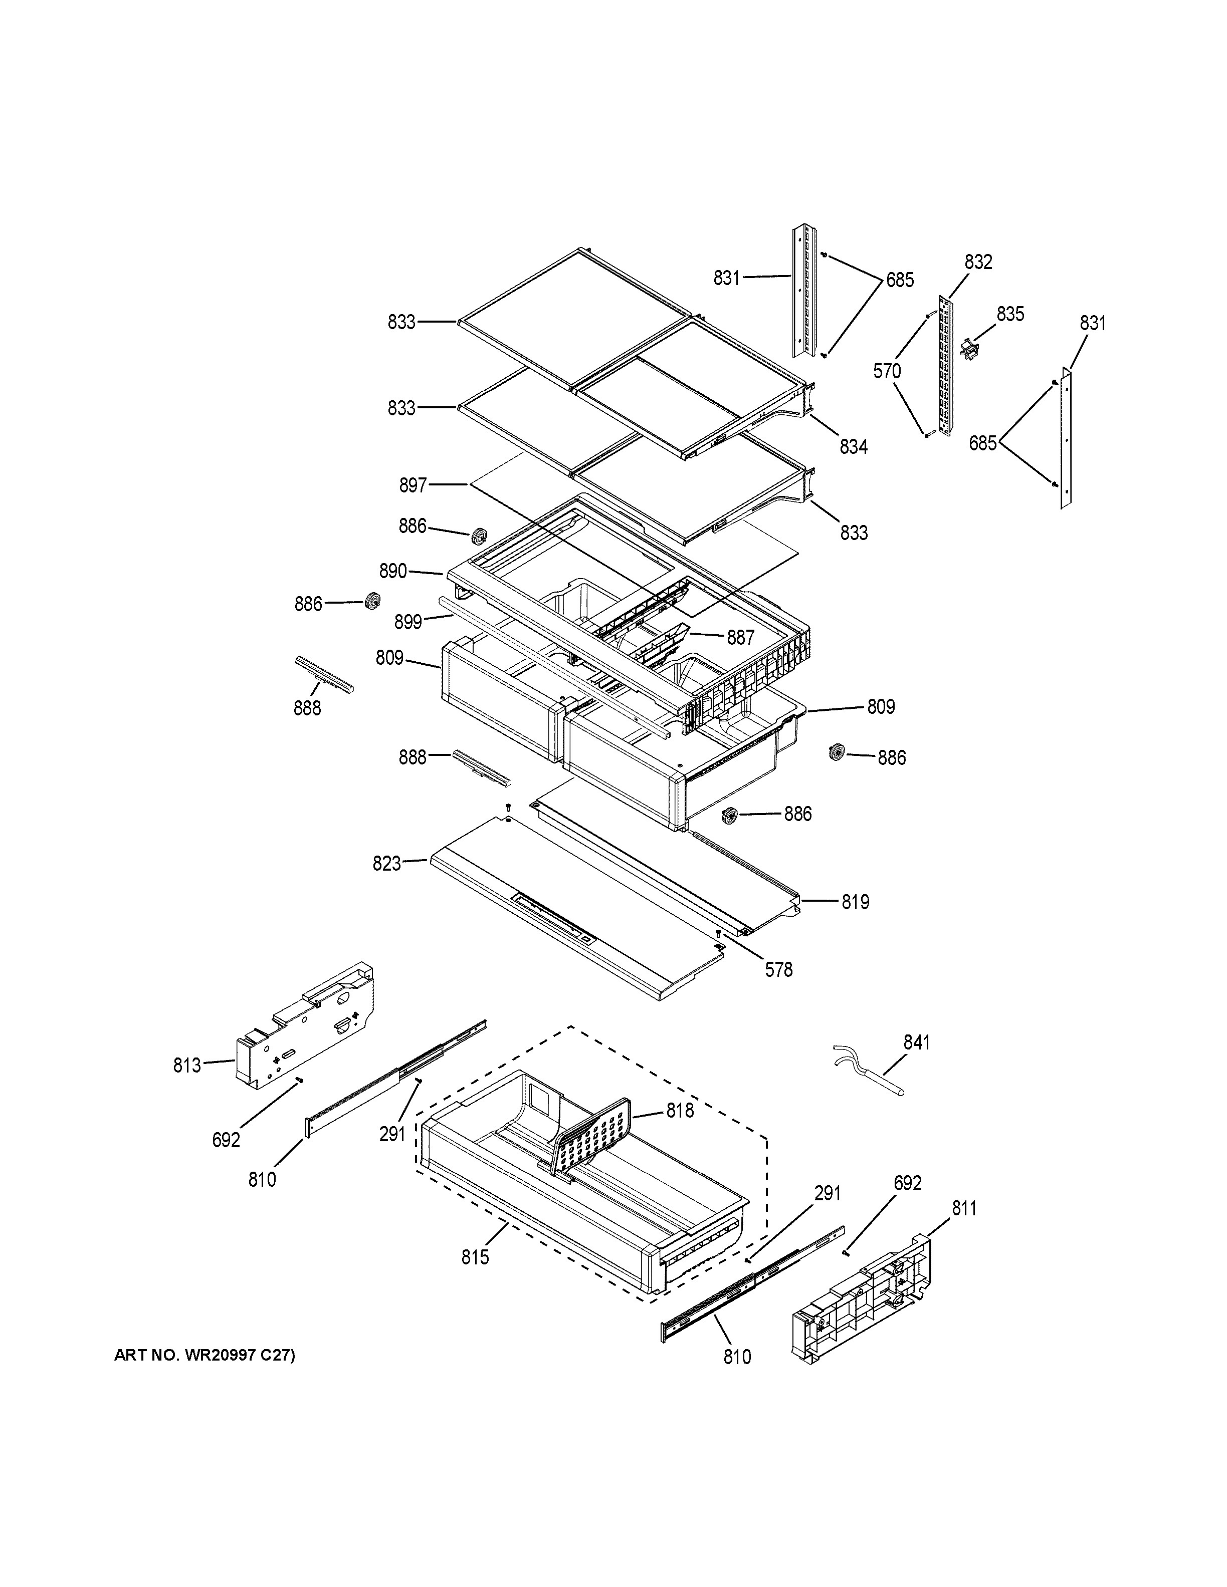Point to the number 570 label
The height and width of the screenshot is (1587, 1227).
click(887, 371)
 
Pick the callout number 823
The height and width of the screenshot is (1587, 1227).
click(387, 863)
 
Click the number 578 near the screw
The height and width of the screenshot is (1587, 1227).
click(778, 969)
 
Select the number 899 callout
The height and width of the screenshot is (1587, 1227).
click(408, 622)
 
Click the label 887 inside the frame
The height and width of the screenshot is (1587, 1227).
click(741, 637)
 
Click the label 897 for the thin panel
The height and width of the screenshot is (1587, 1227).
click(413, 485)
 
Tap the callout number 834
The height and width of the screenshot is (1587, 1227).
click(854, 447)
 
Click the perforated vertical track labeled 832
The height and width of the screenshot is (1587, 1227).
click(944, 367)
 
